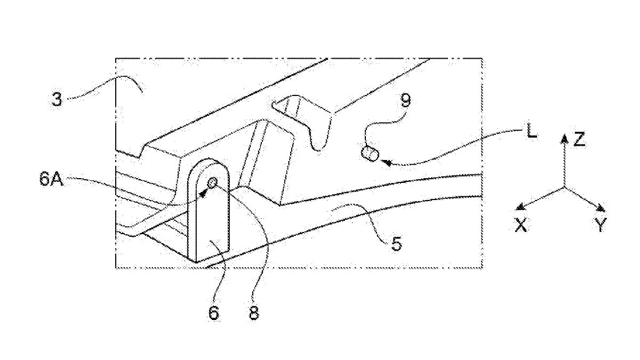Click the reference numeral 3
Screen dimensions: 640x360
click(57, 99)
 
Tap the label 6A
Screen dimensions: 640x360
click(51, 179)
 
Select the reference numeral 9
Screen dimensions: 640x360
click(405, 100)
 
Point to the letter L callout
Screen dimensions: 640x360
click(532, 131)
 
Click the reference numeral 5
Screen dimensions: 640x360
click(396, 244)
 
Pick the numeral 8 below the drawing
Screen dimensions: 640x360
click(254, 313)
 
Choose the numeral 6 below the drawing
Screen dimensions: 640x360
click(214, 313)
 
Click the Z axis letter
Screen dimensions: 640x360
click(579, 139)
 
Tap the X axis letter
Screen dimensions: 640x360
click(521, 225)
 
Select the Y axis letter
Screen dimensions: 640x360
click(601, 225)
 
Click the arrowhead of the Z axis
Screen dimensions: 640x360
click(564, 138)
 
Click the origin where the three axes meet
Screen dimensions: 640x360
click(564, 187)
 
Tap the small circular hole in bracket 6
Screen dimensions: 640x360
click(212, 182)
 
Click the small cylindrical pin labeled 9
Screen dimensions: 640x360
click(370, 154)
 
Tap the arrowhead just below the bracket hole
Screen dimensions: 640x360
click(203, 194)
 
